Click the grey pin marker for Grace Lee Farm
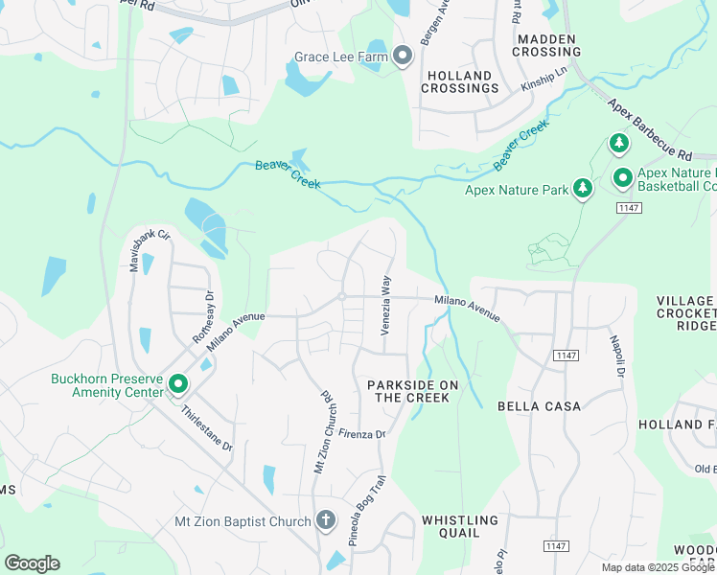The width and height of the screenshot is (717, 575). (x=403, y=57)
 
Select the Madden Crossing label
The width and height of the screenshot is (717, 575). (x=546, y=45)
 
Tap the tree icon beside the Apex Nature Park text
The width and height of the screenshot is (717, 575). (x=581, y=189)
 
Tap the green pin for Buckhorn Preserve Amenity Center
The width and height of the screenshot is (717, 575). (x=178, y=385)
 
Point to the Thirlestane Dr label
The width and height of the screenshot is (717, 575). (x=207, y=427)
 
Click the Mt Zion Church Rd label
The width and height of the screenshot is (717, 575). (x=322, y=431)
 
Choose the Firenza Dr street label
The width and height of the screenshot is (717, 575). (x=361, y=434)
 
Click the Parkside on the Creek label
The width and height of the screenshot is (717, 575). (x=408, y=390)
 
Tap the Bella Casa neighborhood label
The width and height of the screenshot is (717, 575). (x=539, y=406)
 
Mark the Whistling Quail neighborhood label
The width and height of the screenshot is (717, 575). (x=460, y=528)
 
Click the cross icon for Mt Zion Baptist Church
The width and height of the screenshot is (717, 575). (x=326, y=520)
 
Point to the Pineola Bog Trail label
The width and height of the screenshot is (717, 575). (x=366, y=511)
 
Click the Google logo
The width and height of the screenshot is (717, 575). (x=32, y=563)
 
